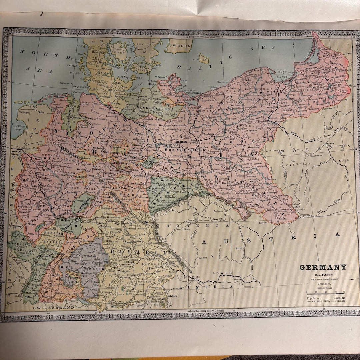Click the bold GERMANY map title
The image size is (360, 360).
pyautogui.click(x=323, y=267)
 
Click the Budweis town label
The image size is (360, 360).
pyautogui.click(x=201, y=257)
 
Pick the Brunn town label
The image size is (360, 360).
pyautogui.click(x=239, y=249)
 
